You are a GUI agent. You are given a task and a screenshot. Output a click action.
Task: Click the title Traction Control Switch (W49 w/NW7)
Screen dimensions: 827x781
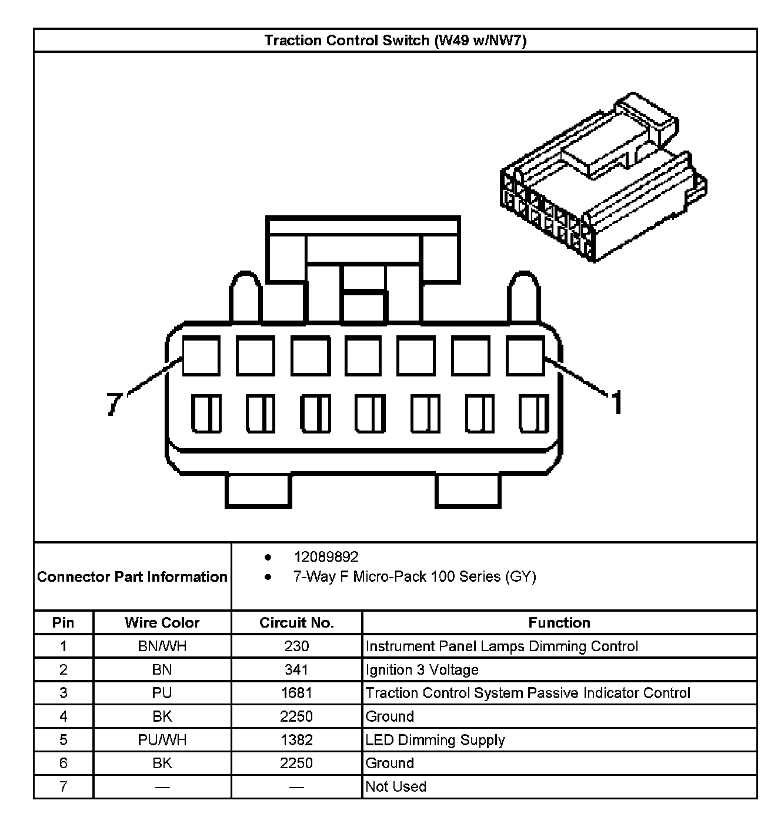tap(395, 41)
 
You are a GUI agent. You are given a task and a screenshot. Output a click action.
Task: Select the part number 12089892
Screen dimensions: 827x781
tap(326, 557)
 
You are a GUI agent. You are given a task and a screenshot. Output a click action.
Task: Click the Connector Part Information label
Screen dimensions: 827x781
tap(132, 576)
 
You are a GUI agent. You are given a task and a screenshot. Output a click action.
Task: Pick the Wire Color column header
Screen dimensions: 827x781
tap(162, 622)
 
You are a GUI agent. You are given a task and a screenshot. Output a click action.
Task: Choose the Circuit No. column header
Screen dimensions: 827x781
tap(296, 622)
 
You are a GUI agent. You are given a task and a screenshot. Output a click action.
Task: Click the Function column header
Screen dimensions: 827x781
tap(559, 622)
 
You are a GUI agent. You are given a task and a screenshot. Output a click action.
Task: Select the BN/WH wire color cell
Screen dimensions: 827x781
tap(162, 646)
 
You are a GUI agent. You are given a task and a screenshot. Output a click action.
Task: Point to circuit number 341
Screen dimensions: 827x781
tap(296, 669)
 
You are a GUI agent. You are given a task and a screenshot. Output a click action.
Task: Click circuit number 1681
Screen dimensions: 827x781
tap(296, 693)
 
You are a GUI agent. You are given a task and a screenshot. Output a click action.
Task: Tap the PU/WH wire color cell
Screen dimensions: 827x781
tap(162, 740)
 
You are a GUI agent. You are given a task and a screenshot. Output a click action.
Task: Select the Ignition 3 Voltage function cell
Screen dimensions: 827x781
tap(422, 669)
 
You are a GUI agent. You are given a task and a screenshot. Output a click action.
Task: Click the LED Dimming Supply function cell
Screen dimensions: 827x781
tap(435, 740)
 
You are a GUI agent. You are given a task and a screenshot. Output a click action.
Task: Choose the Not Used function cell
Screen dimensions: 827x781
tap(395, 786)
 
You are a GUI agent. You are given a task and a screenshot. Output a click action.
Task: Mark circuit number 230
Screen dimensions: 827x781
tap(296, 646)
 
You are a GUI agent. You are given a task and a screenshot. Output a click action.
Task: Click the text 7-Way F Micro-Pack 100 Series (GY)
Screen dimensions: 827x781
tap(415, 576)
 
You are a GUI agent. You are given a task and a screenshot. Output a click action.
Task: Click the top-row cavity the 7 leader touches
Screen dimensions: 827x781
tap(201, 356)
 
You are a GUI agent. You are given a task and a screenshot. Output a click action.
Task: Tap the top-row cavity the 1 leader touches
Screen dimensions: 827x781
tap(525, 356)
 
